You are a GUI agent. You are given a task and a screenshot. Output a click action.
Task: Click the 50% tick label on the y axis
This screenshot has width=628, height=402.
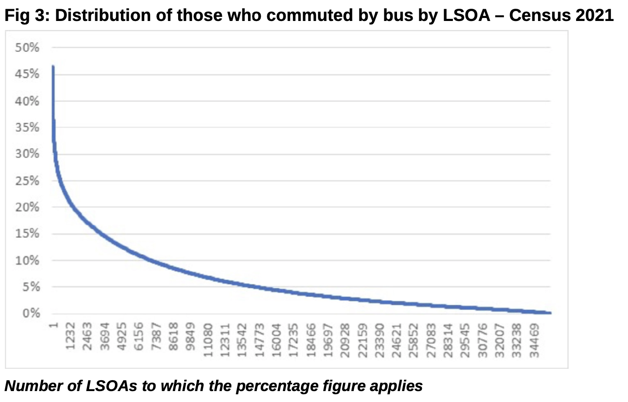(27, 48)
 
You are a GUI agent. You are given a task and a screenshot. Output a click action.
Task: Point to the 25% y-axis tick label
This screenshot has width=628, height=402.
(27, 180)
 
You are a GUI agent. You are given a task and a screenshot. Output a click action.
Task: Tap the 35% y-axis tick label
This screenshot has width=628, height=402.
(27, 127)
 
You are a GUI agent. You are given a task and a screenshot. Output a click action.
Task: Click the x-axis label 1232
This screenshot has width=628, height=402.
(70, 336)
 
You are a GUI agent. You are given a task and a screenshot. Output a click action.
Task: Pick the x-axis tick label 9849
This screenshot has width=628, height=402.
(190, 336)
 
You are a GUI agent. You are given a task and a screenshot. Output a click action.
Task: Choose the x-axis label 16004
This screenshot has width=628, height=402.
(276, 340)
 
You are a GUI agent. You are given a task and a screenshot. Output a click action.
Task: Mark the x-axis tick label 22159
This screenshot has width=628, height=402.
(362, 340)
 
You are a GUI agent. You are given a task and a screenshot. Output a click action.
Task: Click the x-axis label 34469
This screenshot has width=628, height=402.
(534, 340)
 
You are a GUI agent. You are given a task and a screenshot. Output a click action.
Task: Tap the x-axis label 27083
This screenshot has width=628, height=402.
(431, 340)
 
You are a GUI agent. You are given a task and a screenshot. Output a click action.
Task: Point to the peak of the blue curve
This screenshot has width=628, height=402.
(53, 66)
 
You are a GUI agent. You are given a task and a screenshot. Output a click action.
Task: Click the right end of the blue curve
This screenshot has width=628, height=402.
(550, 313)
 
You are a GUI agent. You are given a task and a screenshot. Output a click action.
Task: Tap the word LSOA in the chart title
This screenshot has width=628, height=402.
(467, 16)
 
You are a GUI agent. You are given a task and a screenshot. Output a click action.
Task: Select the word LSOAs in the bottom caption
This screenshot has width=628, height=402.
(111, 386)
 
